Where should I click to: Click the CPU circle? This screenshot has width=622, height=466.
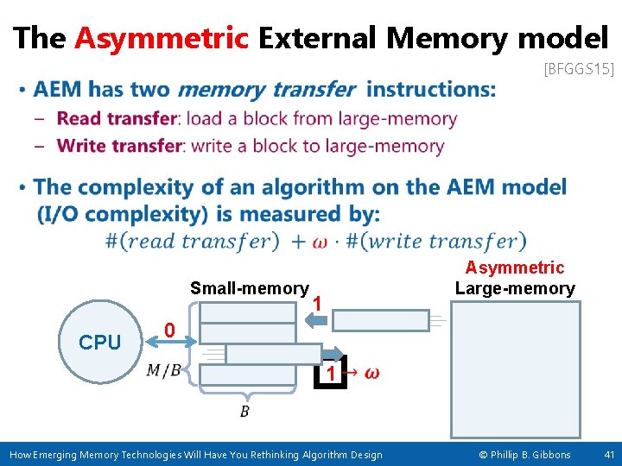click(x=99, y=343)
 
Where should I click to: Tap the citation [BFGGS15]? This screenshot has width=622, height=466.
click(x=578, y=69)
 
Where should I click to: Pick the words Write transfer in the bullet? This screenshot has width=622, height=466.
click(x=119, y=146)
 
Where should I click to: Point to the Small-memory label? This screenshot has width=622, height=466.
click(x=249, y=288)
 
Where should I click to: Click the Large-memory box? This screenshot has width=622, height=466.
click(x=516, y=369)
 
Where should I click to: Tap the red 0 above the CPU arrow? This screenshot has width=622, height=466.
click(x=170, y=331)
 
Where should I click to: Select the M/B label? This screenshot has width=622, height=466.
click(x=163, y=371)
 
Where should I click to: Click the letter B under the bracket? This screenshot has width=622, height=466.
click(x=244, y=412)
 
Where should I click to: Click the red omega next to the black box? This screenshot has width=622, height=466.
click(x=371, y=373)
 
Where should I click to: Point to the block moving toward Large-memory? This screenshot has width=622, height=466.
click(x=381, y=320)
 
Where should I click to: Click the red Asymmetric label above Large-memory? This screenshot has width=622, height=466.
click(x=514, y=268)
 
